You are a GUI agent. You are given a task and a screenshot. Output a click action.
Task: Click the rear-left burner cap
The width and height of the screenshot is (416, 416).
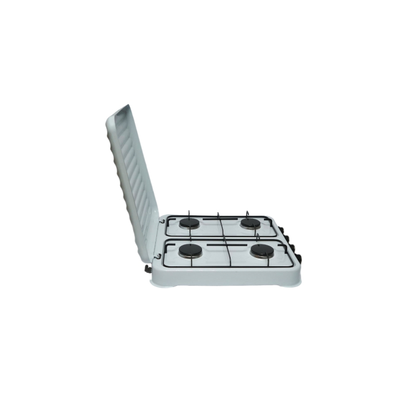click(x=191, y=223)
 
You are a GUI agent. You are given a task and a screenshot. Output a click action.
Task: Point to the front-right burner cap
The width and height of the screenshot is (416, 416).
click(x=262, y=251)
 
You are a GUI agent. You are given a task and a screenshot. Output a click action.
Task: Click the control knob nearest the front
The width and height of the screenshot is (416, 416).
click(x=301, y=257)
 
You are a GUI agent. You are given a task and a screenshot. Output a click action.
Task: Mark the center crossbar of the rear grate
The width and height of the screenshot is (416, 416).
click(x=220, y=225)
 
